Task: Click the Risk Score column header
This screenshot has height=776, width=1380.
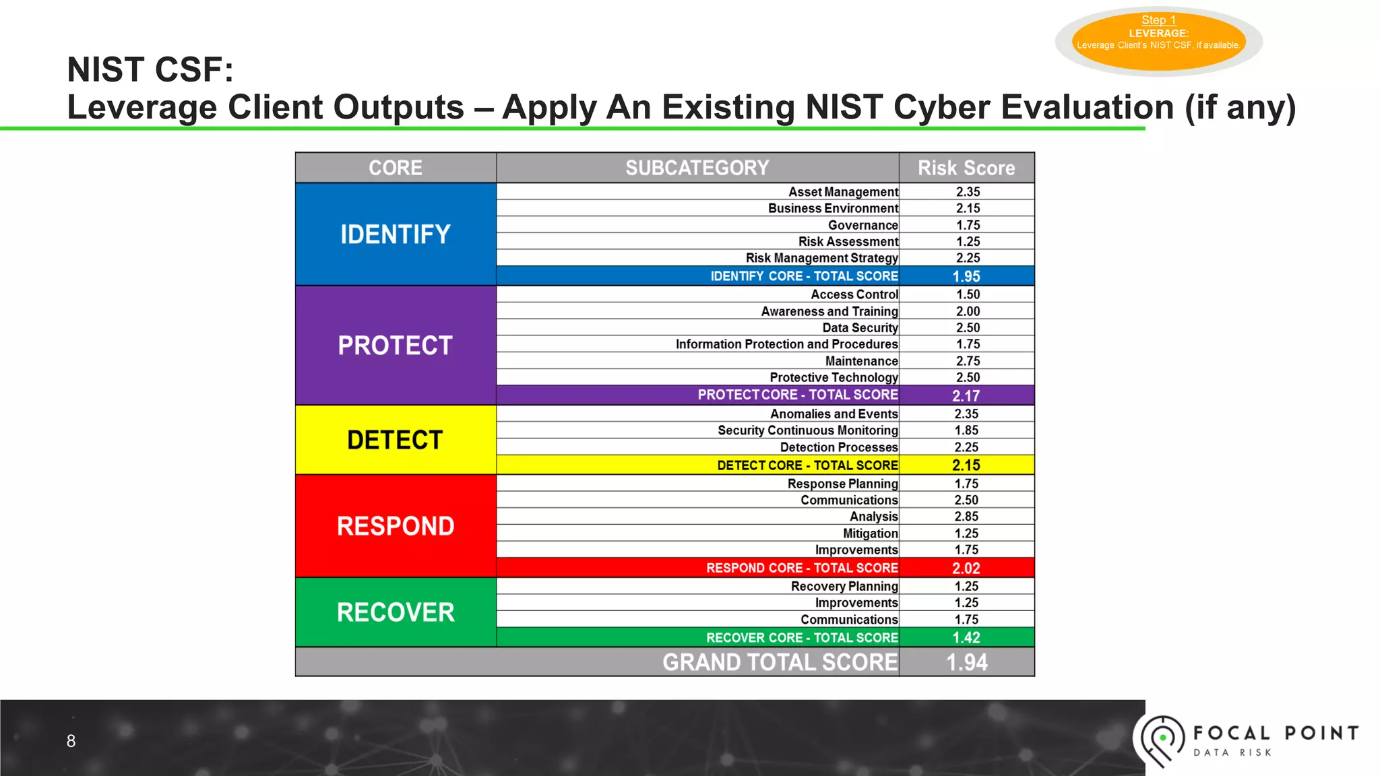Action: [x=966, y=168]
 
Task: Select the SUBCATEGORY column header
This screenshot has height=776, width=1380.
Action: [x=697, y=168]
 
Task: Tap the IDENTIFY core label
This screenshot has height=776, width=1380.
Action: [x=396, y=234]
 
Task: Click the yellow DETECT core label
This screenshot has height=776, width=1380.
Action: [x=396, y=440]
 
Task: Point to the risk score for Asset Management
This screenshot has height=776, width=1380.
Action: [x=968, y=192]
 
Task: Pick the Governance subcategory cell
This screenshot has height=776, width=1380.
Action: [x=862, y=225]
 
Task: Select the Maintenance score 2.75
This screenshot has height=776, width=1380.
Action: [x=968, y=361]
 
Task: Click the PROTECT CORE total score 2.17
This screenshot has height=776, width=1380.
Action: [x=966, y=395]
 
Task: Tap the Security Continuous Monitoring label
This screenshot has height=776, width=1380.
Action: [x=807, y=430]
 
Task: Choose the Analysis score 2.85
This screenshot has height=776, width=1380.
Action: [x=966, y=517]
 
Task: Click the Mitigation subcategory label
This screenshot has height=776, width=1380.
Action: [x=870, y=533]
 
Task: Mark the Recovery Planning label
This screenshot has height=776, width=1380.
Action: [x=844, y=586]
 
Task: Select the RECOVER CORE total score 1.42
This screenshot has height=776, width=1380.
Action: [x=966, y=637]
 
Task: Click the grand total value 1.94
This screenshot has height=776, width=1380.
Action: [x=967, y=662]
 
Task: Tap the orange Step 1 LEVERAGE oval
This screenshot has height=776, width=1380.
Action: [x=1158, y=40]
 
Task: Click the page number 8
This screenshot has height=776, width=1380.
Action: [x=71, y=741]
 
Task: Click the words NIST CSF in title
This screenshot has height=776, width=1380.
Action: [x=150, y=69]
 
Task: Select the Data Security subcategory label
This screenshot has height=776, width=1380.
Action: [x=860, y=328]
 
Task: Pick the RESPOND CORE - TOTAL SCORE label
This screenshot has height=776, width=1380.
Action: [x=802, y=568]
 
